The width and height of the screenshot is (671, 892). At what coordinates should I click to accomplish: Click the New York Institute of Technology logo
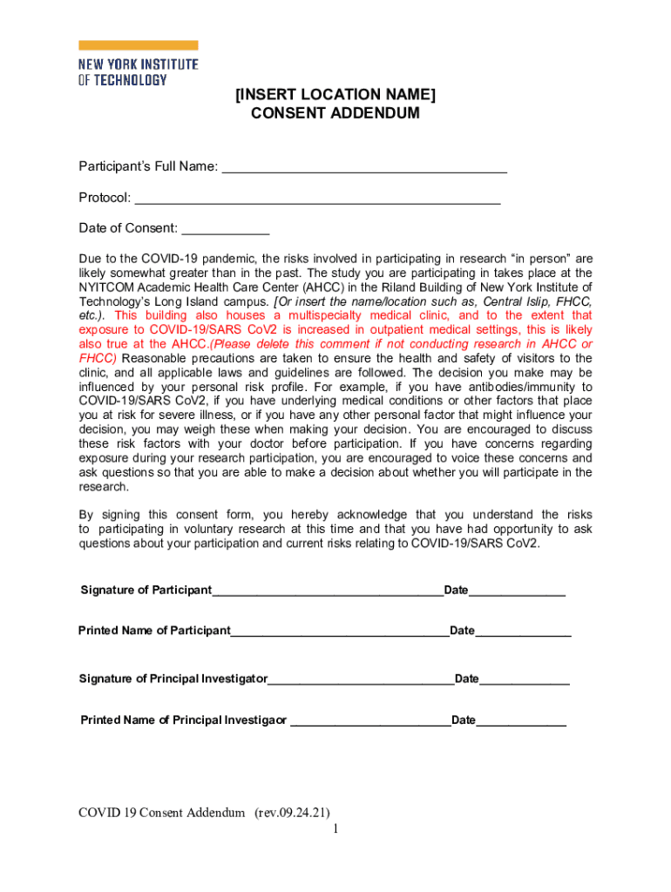(138, 63)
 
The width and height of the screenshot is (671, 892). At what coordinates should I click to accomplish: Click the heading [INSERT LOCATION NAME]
(335, 94)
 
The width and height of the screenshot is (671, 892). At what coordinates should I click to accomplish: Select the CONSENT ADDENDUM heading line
(335, 113)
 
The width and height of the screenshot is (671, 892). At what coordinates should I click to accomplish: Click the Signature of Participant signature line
(328, 591)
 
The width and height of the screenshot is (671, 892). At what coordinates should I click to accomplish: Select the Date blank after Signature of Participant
(517, 591)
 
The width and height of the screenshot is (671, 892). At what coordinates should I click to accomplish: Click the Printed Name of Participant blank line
(340, 631)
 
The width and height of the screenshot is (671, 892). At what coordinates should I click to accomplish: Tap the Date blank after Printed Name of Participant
(523, 631)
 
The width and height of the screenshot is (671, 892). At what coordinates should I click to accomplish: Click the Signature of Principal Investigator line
(361, 679)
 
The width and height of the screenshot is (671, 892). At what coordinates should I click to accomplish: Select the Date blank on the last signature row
(521, 720)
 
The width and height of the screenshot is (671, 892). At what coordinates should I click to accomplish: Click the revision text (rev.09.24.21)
(292, 813)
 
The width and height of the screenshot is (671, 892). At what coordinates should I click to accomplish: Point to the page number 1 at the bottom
(335, 829)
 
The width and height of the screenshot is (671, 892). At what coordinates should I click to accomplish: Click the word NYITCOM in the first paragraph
(105, 287)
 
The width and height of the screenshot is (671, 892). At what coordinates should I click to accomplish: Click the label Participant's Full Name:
(148, 167)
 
